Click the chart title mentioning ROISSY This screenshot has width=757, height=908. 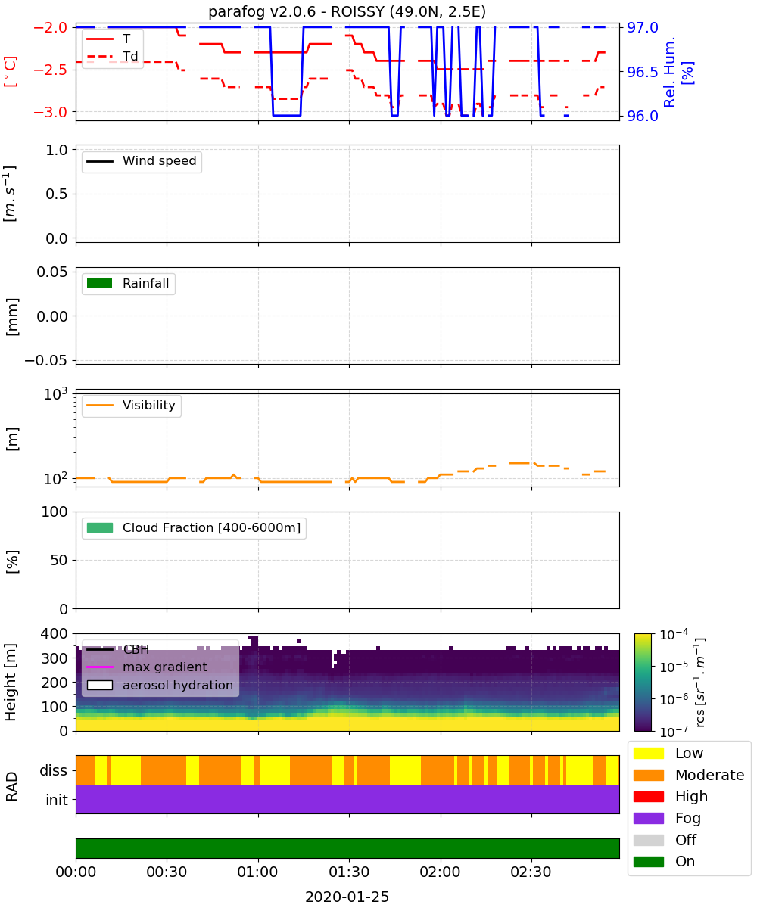click(347, 11)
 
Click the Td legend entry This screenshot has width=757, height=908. click(112, 56)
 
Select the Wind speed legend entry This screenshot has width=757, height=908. click(142, 161)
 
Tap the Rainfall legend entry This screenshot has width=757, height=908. click(128, 283)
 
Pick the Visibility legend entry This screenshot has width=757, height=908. click(131, 406)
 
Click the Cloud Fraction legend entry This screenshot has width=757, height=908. click(194, 527)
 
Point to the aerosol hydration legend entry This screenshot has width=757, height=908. click(160, 685)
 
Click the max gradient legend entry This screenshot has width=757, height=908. click(147, 667)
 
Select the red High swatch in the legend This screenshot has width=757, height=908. click(648, 796)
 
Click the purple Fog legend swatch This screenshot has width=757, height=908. click(648, 818)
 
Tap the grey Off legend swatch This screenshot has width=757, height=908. click(648, 840)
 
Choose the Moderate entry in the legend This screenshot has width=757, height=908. click(689, 775)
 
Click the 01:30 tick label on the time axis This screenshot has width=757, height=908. click(349, 872)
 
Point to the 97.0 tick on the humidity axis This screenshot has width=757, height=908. click(643, 27)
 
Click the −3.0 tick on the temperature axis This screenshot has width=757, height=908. click(51, 112)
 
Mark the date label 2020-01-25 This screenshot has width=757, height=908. click(347, 897)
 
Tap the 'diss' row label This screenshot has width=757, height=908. click(54, 770)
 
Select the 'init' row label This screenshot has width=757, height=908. click(57, 799)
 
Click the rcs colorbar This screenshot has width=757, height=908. click(643, 682)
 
